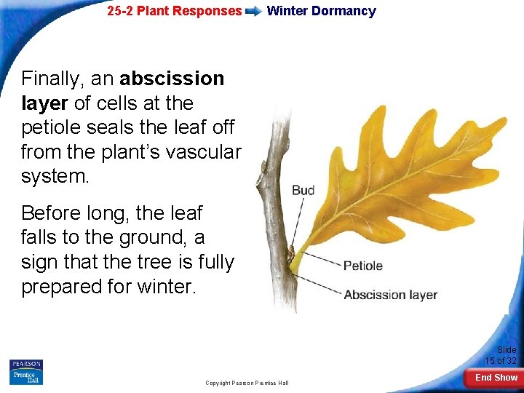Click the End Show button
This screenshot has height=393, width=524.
(496, 377)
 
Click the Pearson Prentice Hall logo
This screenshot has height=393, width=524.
(26, 371)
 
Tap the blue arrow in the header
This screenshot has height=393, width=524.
(254, 12)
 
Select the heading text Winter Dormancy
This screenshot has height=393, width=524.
(321, 11)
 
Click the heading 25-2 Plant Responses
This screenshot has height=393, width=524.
(174, 11)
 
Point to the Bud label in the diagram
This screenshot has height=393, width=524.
(303, 191)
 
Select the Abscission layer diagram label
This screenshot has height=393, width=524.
(390, 295)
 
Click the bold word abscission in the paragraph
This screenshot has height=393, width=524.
(172, 78)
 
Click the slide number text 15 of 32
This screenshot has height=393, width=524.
(501, 361)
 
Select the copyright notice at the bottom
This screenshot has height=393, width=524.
(247, 383)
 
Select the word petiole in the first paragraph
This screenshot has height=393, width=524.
(52, 127)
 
